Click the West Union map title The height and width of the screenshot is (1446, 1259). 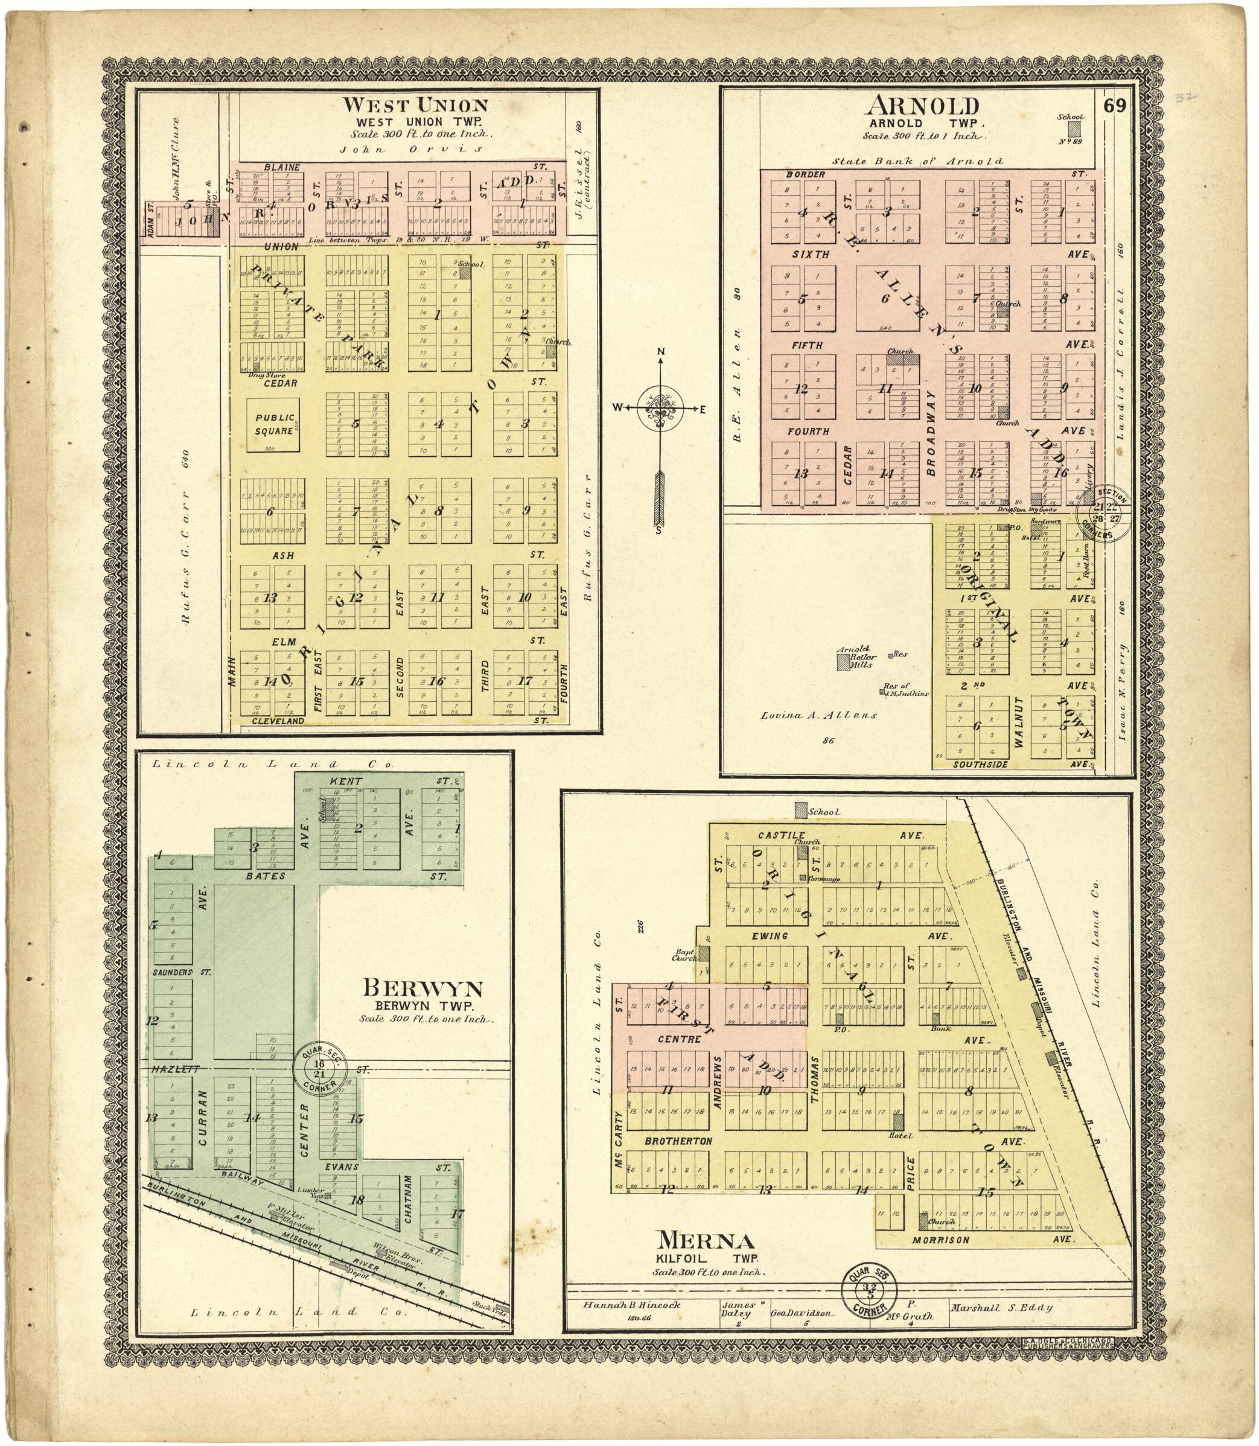coord(415,106)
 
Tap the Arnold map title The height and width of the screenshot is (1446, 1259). coord(922,106)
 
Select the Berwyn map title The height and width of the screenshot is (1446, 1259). coord(423,989)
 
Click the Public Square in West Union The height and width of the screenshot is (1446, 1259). coord(273,424)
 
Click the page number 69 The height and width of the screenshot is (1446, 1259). coord(1114,106)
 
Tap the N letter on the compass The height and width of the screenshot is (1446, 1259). coord(660,352)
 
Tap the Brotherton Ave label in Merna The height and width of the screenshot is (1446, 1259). coord(678,1142)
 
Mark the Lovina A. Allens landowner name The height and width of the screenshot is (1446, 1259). coord(819,715)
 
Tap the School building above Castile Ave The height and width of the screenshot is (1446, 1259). coord(801,810)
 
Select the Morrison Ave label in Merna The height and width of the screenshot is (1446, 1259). coord(942,1240)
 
